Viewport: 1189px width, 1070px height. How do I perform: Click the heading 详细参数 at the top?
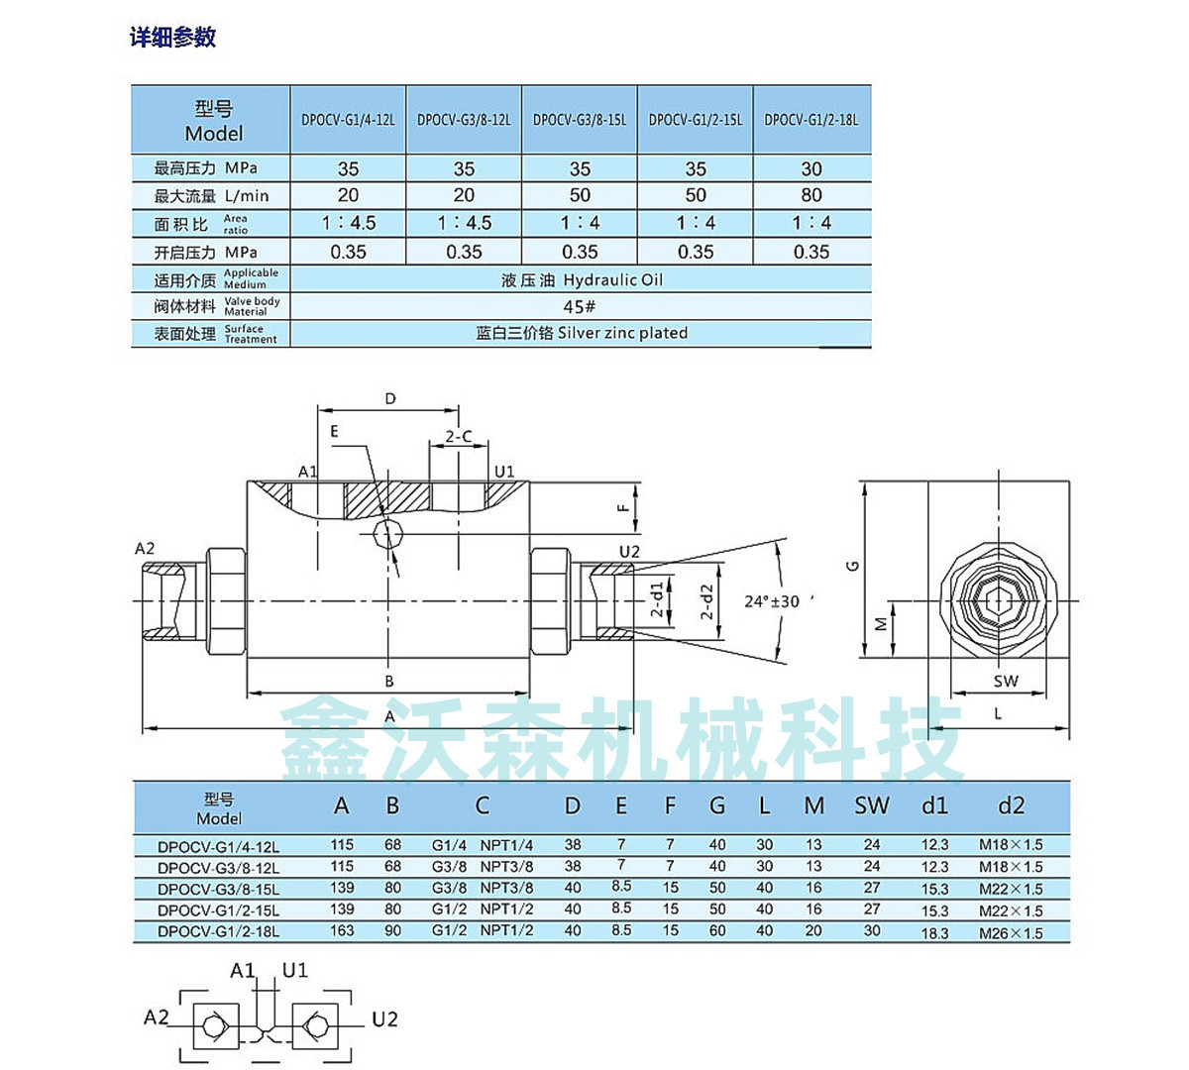click(172, 38)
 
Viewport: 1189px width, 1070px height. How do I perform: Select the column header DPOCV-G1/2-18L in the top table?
click(811, 120)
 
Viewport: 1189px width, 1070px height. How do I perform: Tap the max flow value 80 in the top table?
click(811, 195)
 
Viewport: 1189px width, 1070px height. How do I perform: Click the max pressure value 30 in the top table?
click(811, 168)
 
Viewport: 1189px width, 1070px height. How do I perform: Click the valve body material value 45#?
click(580, 306)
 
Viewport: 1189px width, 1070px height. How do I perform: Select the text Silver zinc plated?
click(622, 333)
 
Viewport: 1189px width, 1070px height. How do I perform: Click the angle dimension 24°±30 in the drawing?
click(772, 601)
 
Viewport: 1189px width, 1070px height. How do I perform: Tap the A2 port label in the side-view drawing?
click(145, 549)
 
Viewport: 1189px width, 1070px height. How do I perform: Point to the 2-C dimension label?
click(458, 436)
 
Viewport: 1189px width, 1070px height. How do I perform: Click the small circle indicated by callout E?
click(386, 535)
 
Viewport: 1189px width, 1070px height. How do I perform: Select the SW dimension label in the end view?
click(1005, 682)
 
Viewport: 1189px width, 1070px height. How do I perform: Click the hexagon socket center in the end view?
click(997, 601)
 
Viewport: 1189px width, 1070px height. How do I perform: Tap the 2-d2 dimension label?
click(706, 601)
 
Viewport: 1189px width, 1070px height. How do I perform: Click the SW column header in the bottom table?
click(872, 806)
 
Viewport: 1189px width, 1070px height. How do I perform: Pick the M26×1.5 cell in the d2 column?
click(1011, 933)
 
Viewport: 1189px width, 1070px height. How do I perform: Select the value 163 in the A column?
click(342, 931)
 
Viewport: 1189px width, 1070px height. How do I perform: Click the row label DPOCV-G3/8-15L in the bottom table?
click(218, 890)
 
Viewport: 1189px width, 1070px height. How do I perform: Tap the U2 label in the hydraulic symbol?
click(384, 1019)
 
